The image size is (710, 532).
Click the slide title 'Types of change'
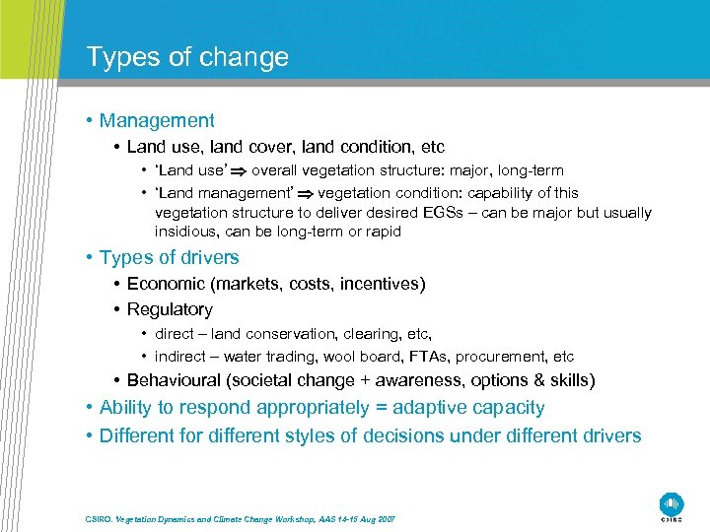coord(187,57)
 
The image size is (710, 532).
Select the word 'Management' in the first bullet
coord(157,121)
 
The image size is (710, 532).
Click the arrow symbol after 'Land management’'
coord(307,193)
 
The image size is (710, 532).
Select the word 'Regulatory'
coord(170,309)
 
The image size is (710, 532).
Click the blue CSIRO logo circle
coord(672,502)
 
